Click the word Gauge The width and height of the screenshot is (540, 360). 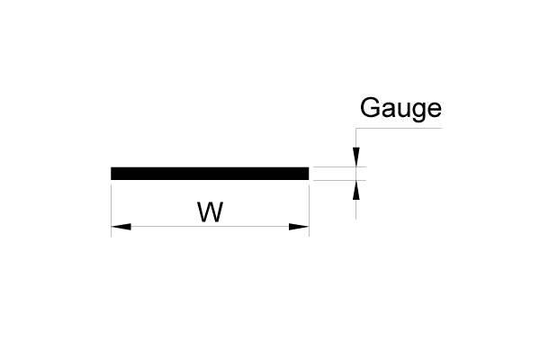(400, 109)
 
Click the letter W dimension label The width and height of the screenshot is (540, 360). (210, 212)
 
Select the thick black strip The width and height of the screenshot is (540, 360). (210, 174)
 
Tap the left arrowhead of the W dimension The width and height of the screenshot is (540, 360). (121, 227)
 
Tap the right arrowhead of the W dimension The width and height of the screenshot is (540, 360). (299, 227)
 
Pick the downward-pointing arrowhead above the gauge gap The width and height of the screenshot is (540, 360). (357, 159)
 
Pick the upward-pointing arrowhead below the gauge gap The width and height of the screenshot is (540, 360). (357, 188)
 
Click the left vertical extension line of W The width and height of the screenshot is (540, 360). (111, 207)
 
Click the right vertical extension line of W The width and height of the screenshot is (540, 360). (309, 207)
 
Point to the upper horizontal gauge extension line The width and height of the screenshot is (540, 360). (337, 167)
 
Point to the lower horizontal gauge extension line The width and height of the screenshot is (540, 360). (337, 180)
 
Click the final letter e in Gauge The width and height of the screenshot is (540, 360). (434, 111)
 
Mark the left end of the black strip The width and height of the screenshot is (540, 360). (113, 174)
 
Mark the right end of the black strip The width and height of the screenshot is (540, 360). (306, 174)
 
